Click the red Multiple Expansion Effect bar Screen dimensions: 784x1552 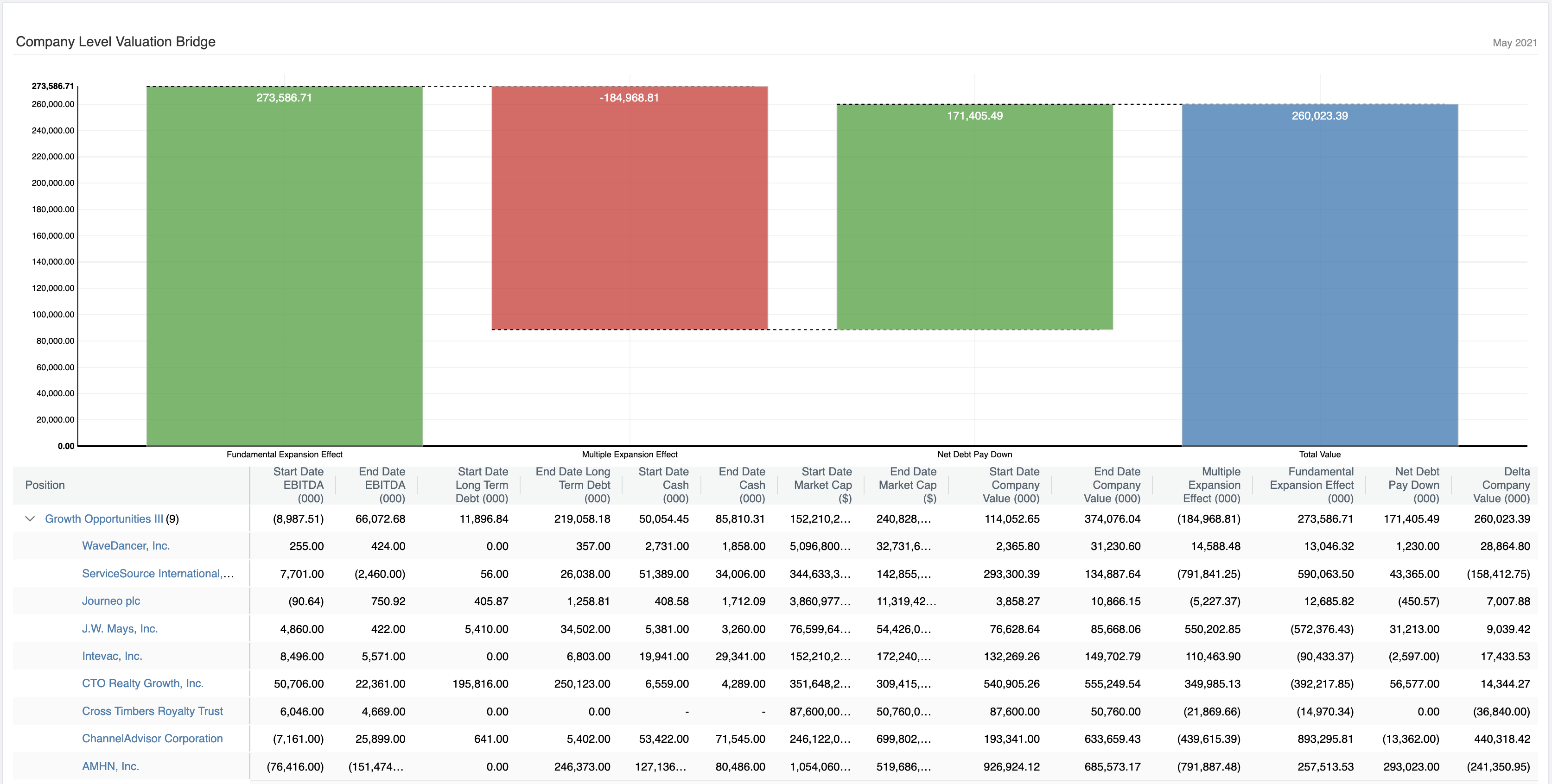tap(630, 208)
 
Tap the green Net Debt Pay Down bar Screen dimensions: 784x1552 tap(974, 217)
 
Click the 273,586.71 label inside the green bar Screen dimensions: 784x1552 tap(284, 98)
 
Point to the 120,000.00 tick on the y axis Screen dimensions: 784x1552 tap(53, 288)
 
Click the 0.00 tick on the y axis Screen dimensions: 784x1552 tap(66, 446)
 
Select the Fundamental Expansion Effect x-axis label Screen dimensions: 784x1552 tap(284, 455)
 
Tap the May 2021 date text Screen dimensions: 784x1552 tap(1514, 43)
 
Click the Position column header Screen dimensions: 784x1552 tap(45, 485)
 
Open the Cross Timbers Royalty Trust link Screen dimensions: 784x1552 tap(153, 711)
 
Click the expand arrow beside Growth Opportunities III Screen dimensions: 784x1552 tap(30, 518)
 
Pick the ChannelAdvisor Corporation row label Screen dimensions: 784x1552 tap(153, 738)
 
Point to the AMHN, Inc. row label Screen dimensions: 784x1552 tap(110, 766)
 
